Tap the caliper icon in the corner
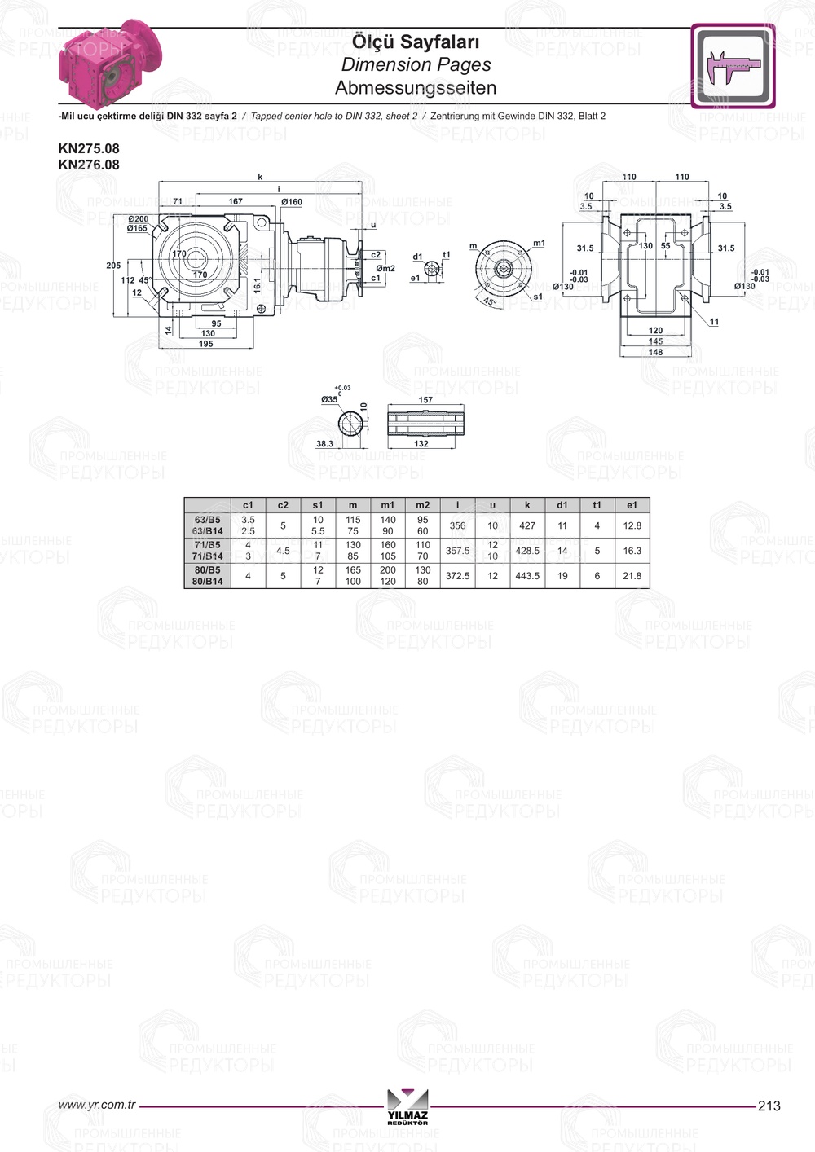733,65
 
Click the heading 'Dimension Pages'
416,64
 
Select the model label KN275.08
89,148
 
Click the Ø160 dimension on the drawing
292,202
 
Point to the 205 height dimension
113,266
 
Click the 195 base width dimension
205,344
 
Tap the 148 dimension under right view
655,353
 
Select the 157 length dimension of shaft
425,400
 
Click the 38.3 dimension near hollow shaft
324,444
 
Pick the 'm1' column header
388,505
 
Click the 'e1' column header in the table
632,505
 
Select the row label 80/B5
207,570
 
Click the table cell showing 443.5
527,576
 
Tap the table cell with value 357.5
457,551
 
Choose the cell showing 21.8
632,576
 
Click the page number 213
769,1106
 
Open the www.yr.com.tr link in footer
97,1105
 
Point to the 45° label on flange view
489,301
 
